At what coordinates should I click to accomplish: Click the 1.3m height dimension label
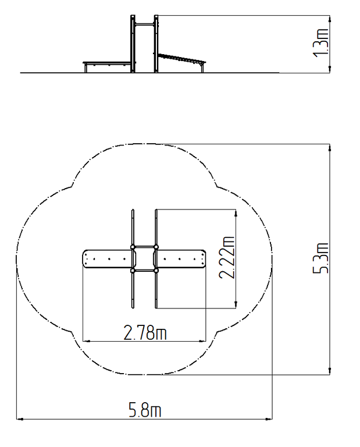pos(322,42)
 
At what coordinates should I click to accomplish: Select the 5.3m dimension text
pos(321,258)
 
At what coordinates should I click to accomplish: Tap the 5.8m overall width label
pos(145,409)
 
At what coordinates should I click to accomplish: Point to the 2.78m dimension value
pos(145,332)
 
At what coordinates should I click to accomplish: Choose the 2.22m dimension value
pos(227,257)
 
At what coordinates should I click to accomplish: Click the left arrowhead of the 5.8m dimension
pos(19,419)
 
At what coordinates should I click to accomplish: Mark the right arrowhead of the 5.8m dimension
pos(269,419)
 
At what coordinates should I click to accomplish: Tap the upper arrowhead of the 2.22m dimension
pos(236,213)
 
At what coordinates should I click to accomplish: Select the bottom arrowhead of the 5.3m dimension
pos(330,371)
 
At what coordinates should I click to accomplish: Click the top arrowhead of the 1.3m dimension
pos(330,19)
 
